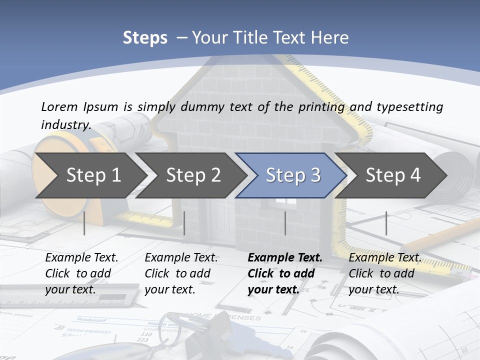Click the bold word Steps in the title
[x=145, y=38]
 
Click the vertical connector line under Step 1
[x=84, y=223]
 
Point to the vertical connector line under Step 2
[x=184, y=223]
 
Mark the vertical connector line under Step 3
[x=285, y=223]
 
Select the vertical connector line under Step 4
[x=386, y=223]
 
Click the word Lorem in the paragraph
[x=59, y=107]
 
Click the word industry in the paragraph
[x=65, y=124]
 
